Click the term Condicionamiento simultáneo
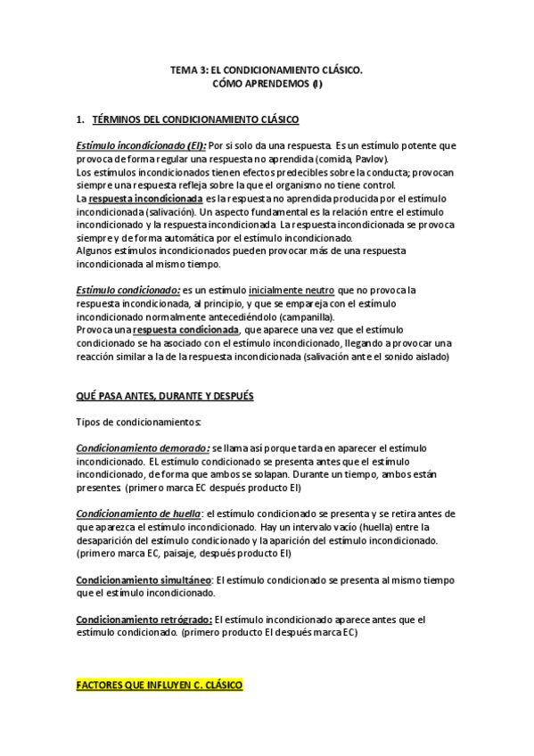click(144, 579)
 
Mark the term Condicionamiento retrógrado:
click(144, 619)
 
